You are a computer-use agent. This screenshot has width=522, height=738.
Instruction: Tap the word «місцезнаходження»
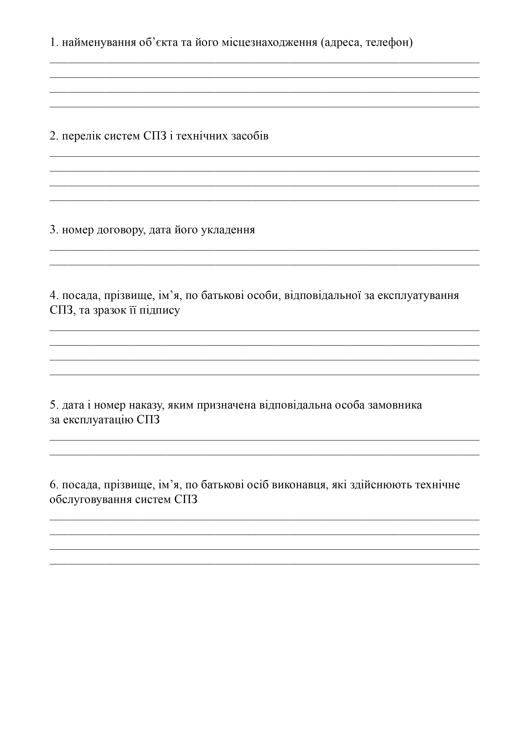(269, 42)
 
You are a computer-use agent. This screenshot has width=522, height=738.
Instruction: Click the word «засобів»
(250, 136)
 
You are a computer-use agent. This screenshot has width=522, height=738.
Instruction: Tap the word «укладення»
(228, 230)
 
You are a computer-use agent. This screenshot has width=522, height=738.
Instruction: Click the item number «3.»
(54, 230)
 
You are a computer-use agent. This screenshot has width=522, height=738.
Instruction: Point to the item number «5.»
(54, 405)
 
